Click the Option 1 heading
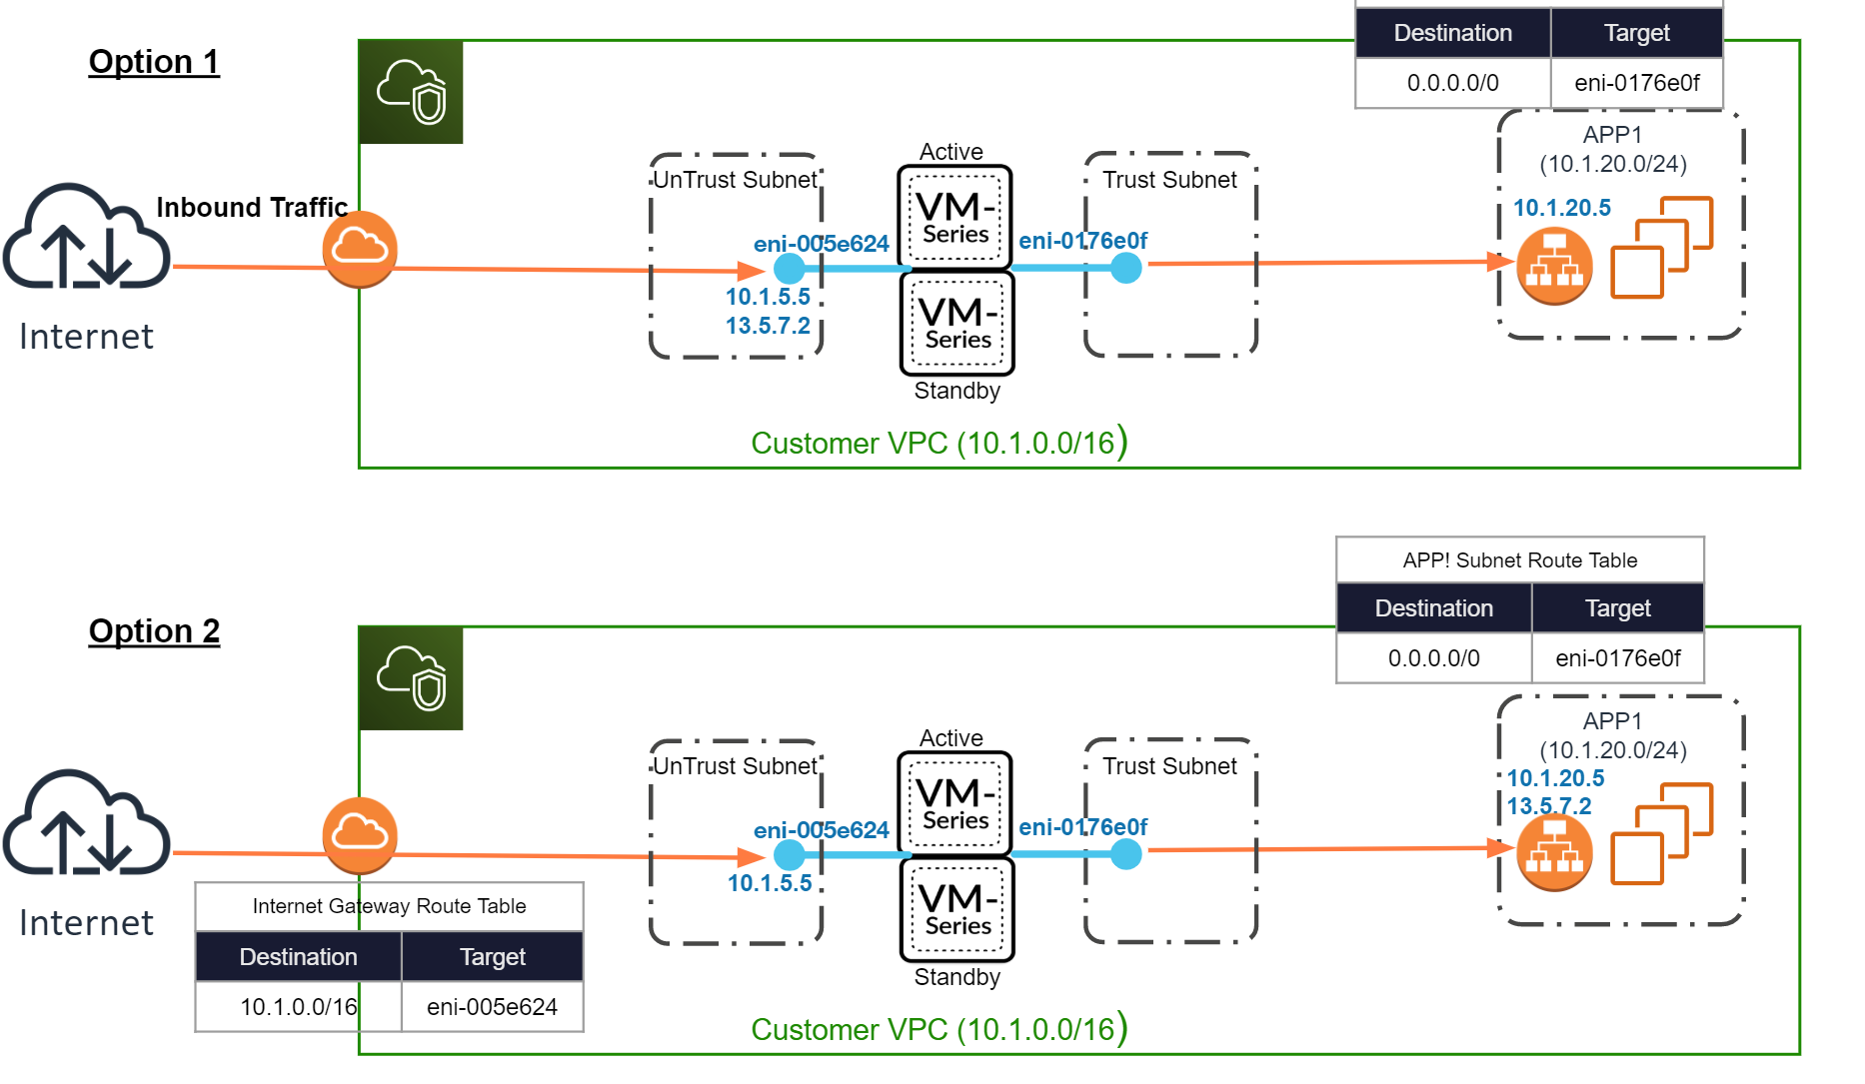154,62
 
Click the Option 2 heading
154,631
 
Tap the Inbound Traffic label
252,207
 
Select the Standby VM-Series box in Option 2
957,909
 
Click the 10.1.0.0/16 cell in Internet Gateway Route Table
298,1007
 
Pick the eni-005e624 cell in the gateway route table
492,1007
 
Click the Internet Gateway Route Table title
389,906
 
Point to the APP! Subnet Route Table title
1519,560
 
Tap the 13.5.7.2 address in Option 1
768,326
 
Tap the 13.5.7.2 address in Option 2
1548,806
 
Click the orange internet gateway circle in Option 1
360,249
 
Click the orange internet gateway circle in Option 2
360,835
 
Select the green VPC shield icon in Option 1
411,92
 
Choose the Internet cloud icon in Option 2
86,823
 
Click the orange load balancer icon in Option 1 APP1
1554,266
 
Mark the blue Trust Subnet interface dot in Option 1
1126,268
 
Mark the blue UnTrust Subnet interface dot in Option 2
790,854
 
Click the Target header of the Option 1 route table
1636,33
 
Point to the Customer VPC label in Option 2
938,1029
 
